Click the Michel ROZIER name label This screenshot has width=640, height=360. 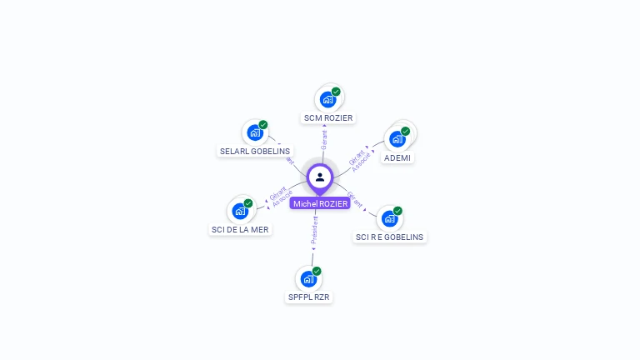320,203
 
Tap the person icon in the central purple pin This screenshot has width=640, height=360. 320,177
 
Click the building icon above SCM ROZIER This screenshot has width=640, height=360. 328,100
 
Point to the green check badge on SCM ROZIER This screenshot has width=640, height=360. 336,92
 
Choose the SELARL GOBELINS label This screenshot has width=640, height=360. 255,152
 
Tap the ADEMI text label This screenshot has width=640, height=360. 397,157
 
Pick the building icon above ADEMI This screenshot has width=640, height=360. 397,139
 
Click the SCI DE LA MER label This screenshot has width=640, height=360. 240,229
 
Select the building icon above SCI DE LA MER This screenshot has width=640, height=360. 240,211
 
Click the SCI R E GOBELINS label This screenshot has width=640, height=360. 389,237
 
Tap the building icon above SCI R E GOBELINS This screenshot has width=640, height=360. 389,219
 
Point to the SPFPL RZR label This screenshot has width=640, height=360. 309,297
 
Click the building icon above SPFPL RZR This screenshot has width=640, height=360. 309,278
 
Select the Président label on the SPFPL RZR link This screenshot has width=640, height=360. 314,230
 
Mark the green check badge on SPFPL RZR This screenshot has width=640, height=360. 317,271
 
